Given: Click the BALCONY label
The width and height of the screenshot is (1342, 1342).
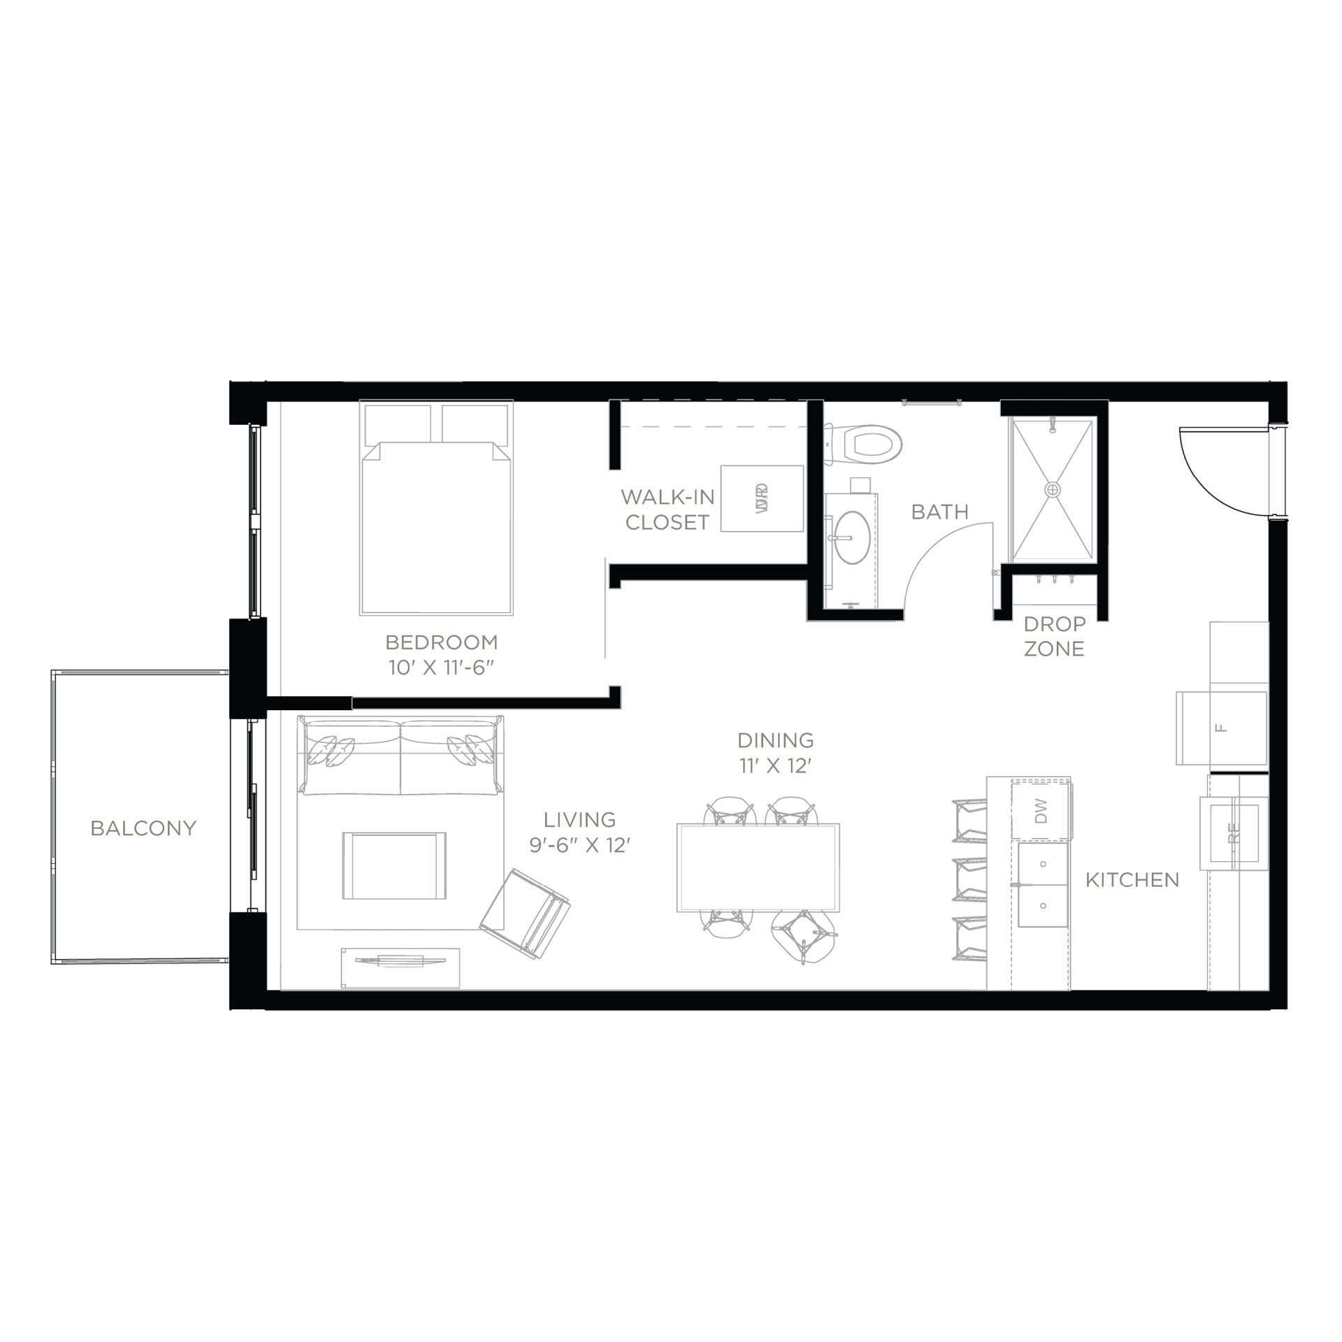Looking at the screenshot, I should [143, 828].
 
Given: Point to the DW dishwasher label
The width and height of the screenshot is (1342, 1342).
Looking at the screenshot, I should [1041, 811].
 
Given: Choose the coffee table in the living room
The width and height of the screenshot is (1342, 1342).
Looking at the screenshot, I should [394, 866].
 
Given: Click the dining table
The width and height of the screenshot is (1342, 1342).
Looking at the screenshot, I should [758, 867].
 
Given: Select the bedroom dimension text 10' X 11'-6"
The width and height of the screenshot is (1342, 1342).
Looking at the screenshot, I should [442, 667].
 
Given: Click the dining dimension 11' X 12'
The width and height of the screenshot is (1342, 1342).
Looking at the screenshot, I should [775, 766].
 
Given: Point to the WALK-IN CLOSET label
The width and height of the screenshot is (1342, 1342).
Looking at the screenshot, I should [667, 510].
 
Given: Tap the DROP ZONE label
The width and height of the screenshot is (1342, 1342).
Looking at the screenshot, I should [1054, 636].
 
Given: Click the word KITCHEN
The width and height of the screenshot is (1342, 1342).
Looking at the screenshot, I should [1132, 880].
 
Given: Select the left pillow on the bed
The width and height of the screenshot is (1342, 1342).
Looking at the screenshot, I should [396, 421].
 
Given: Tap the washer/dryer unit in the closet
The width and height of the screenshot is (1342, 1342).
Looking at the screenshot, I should [762, 498].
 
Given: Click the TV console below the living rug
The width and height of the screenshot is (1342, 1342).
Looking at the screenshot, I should [400, 967].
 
